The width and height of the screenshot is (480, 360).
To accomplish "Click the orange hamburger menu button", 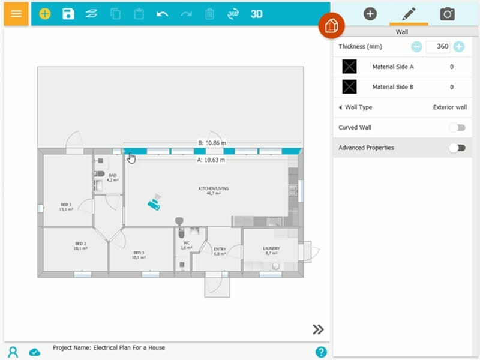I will (16, 13).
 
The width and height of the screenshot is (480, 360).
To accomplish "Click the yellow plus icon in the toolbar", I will (45, 14).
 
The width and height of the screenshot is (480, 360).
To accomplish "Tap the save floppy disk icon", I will (68, 14).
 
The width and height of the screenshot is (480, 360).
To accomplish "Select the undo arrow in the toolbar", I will (162, 14).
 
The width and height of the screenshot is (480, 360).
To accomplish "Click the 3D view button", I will (257, 14).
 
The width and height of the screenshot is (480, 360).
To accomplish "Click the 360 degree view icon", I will (233, 14).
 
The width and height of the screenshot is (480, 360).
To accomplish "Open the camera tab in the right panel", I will (447, 13).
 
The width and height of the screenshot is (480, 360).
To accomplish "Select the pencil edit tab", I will (409, 13).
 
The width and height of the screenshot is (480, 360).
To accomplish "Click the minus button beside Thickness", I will (416, 47).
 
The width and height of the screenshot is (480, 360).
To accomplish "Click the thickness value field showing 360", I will (438, 47).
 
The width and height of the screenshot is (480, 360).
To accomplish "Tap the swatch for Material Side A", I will (349, 67).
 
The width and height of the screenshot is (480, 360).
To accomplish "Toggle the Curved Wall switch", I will (457, 127).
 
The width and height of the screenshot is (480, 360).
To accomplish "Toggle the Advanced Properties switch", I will (457, 148).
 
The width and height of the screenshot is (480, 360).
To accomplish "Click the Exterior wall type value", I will (449, 107).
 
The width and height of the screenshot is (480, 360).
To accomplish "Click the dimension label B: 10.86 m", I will (212, 143).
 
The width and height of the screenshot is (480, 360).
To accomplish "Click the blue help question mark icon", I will (321, 352).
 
